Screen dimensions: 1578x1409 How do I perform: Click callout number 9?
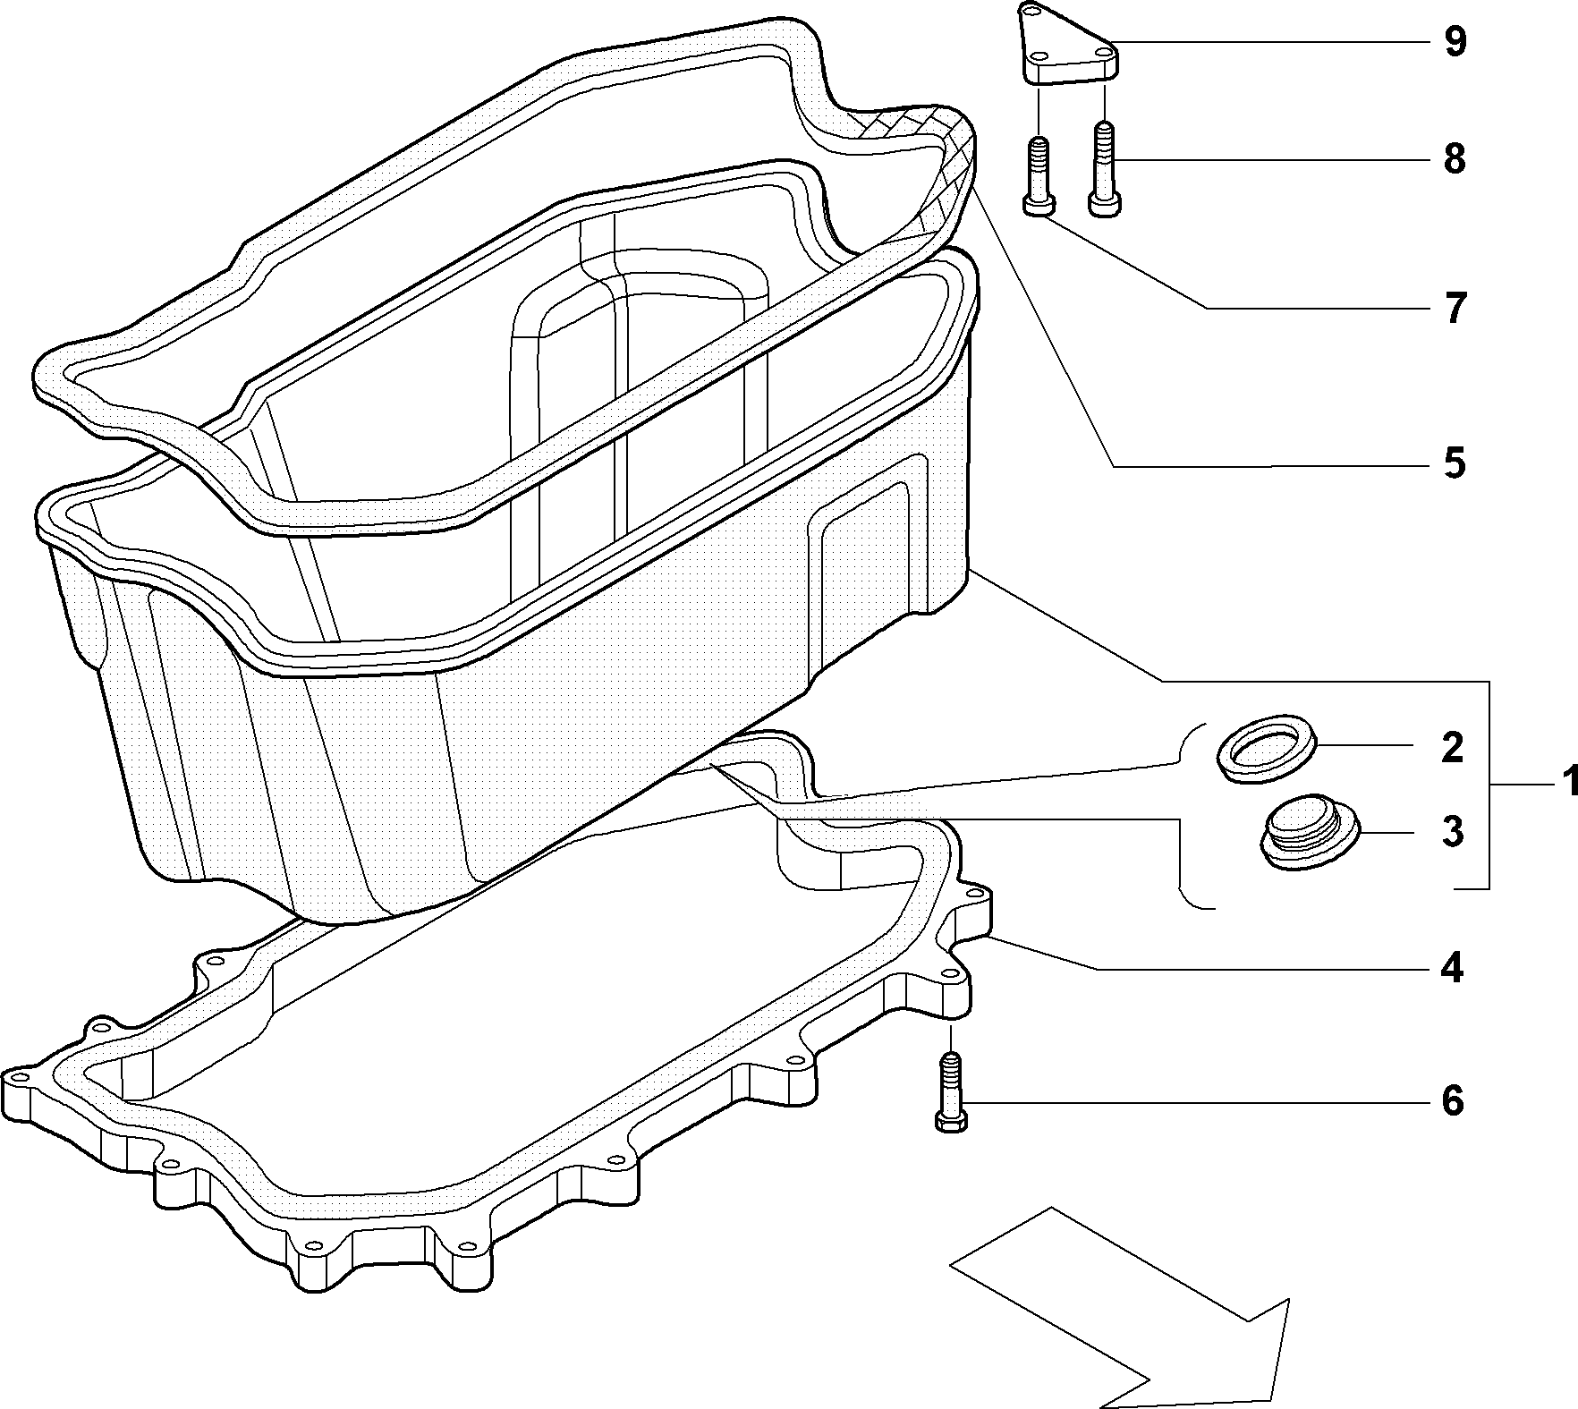[x=1455, y=43]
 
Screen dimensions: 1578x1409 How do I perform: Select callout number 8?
[x=1455, y=159]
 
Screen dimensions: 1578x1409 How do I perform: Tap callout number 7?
[x=1455, y=309]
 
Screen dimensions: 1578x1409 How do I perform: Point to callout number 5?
[x=1455, y=463]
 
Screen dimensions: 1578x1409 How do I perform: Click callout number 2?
[x=1452, y=747]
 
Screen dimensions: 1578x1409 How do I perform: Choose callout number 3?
[x=1453, y=831]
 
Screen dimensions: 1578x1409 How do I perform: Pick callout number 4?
[x=1452, y=968]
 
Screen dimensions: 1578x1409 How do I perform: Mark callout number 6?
[x=1452, y=1100]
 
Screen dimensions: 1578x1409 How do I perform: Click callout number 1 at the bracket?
[x=1566, y=785]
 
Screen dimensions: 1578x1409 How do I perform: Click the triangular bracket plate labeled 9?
[x=1069, y=49]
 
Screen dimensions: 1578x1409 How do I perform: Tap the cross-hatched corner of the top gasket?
[x=930, y=166]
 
